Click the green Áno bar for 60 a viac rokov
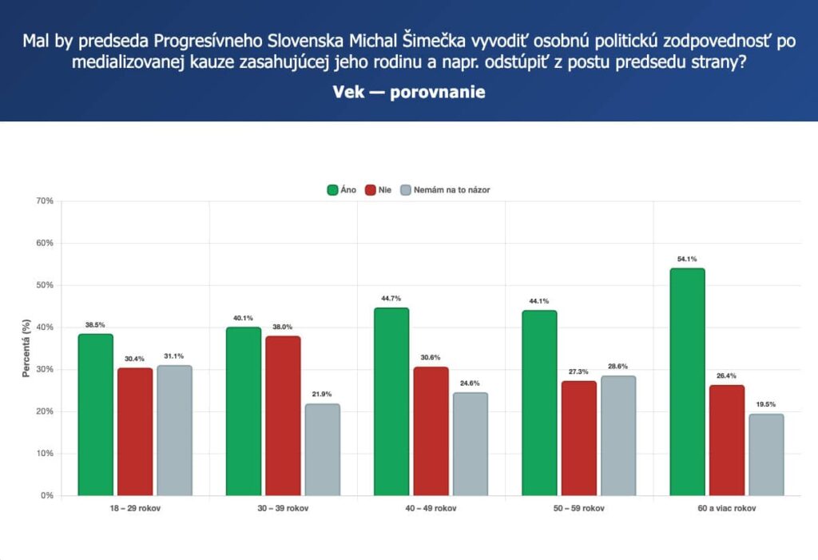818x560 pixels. pos(687,382)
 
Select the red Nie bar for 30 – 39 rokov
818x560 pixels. pos(283,415)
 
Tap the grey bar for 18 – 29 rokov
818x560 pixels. pos(174,430)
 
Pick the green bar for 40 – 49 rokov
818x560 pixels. pos(391,401)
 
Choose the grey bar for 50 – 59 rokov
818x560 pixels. pos(618,435)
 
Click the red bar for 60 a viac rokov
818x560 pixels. pos(727,440)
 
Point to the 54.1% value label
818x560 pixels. pos(687,259)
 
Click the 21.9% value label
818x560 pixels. pos(322,394)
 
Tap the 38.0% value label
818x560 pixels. pos(282,327)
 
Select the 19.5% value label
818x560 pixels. pos(766,404)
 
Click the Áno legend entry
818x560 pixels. pos(342,190)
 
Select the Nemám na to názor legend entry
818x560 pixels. pos(445,190)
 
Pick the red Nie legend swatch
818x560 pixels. pos(371,190)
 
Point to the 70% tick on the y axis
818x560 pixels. pos(45,201)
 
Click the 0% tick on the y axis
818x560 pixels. pos(47,495)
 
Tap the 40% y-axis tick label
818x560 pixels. pos(45,328)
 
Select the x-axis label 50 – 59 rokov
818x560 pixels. pos(579,508)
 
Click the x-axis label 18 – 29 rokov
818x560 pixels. pos(135,508)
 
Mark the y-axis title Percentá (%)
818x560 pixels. pos(26,348)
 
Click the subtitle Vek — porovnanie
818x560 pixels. pos(409,92)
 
